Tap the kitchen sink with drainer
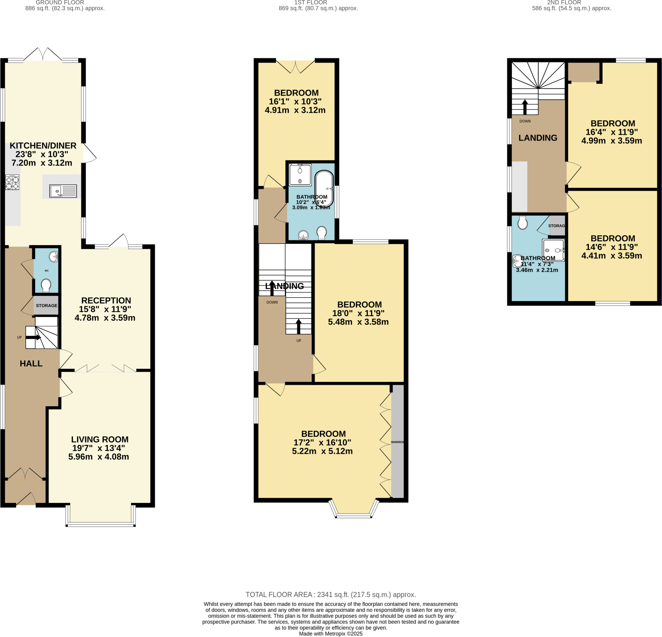pos(63,191)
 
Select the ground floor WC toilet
pos(46,285)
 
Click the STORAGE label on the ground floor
pos(47,306)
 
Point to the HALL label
pos(31,364)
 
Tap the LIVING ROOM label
pos(100,440)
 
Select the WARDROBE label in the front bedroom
pos(397,442)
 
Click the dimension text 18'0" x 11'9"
pos(358,313)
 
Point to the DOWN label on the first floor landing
pos(272,302)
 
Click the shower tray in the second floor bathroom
pos(553,250)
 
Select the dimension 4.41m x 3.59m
pos(611,256)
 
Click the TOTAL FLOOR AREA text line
pos(331,595)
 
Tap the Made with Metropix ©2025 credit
pos(331,634)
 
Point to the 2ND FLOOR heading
pos(564,3)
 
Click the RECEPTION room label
pos(106,300)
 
